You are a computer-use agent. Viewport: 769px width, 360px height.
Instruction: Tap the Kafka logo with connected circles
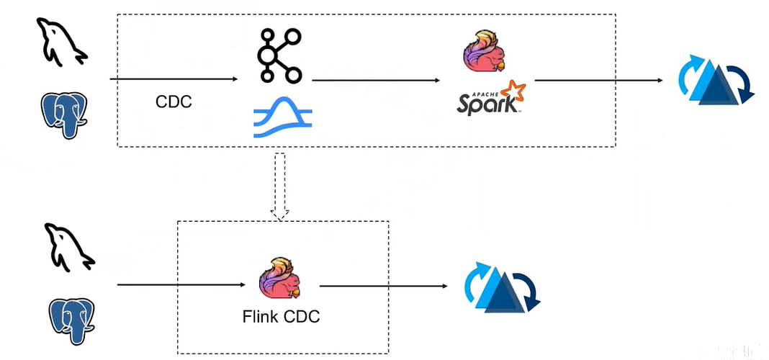tap(280, 55)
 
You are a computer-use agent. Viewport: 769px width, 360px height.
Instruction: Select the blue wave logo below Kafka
tap(283, 119)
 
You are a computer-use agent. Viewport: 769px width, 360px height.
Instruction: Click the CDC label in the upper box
tap(174, 102)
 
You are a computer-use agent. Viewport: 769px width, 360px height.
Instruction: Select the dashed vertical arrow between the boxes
tap(280, 184)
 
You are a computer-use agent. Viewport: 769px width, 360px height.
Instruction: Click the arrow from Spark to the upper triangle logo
tap(598, 79)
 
